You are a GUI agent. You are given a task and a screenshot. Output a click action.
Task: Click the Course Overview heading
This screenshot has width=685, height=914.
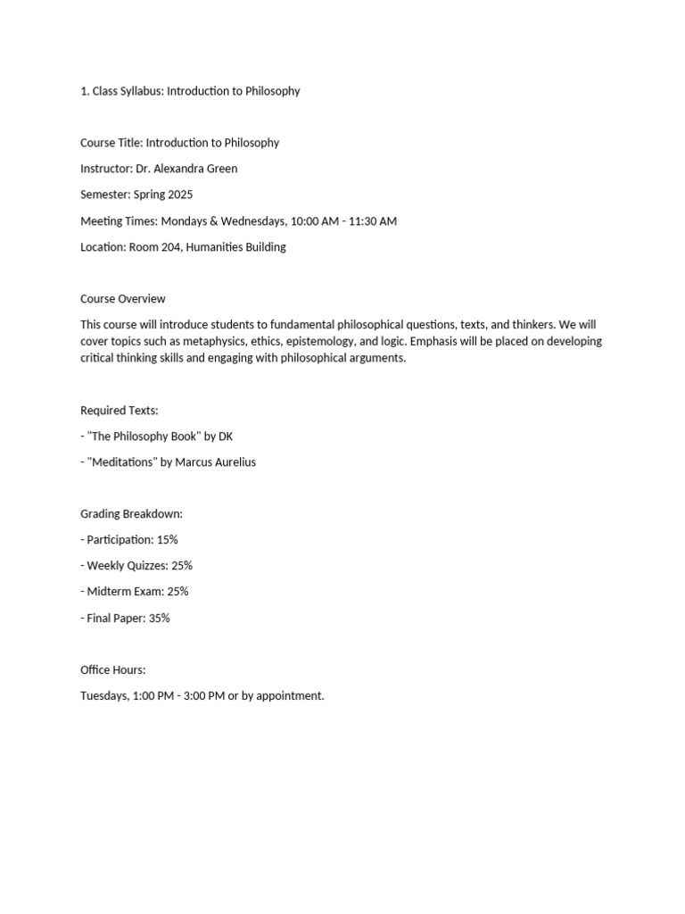click(123, 299)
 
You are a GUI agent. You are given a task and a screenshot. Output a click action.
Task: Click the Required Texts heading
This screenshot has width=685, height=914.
click(120, 411)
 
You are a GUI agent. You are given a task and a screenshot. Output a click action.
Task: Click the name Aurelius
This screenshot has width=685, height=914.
click(235, 462)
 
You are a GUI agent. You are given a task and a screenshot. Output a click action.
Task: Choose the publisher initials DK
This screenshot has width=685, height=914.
click(226, 436)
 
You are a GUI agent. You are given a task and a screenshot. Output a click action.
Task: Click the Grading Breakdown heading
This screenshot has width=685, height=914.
click(131, 514)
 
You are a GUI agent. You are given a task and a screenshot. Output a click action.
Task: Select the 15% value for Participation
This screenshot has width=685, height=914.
click(167, 540)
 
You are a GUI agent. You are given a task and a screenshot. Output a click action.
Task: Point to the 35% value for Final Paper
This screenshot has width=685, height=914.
click(159, 618)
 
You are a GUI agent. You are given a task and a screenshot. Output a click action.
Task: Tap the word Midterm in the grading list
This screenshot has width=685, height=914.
click(107, 592)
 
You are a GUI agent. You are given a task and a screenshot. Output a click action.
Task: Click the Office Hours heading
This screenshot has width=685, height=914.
click(112, 669)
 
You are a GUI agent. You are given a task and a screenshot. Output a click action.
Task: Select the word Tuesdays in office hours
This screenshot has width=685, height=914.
click(104, 695)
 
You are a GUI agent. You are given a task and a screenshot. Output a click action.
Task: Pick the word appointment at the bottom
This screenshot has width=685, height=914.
click(290, 696)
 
